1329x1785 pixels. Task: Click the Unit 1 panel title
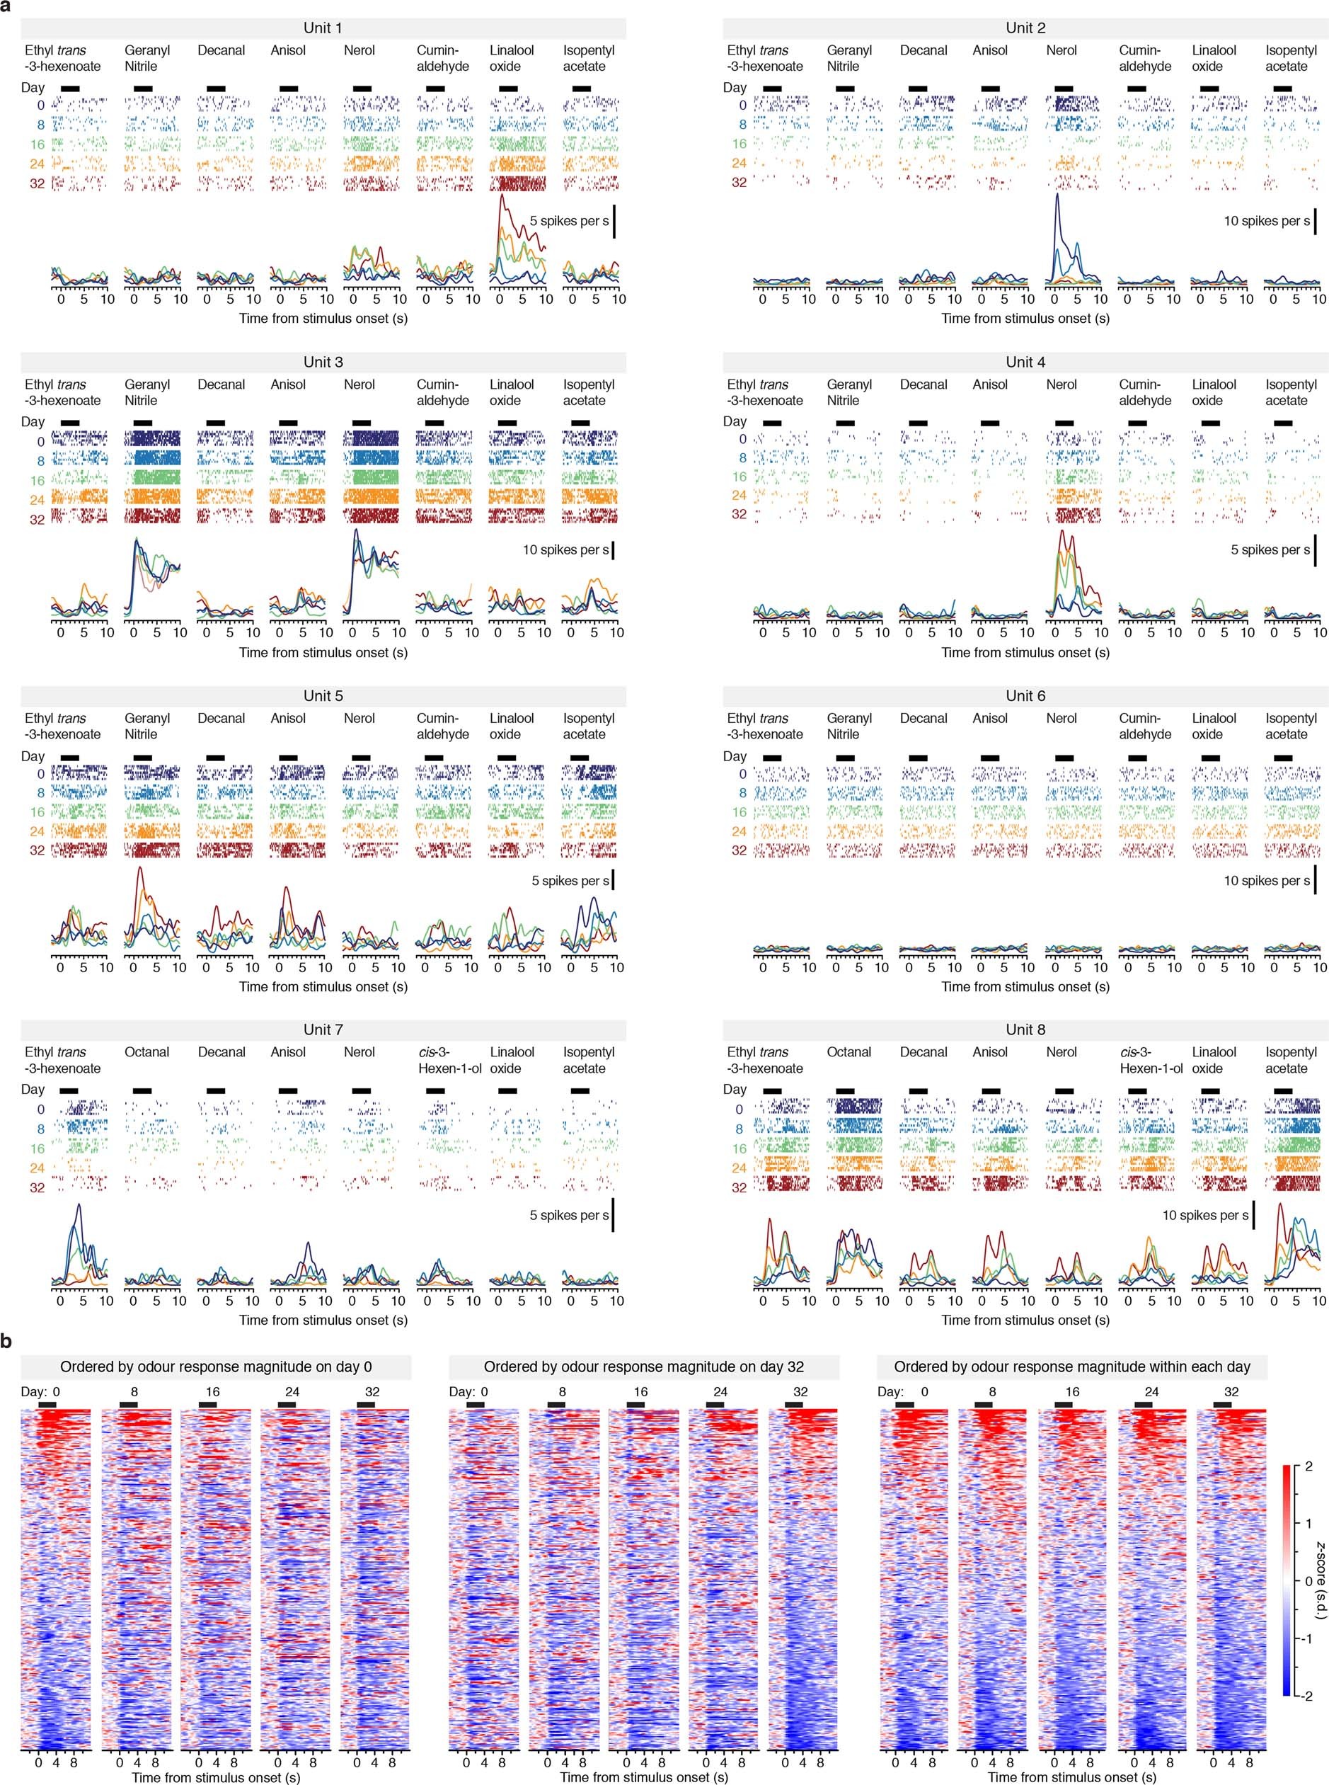click(323, 28)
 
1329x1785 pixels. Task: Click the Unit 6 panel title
click(1025, 695)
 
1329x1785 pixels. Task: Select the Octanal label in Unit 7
click(146, 1052)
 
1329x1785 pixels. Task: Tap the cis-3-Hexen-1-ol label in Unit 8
click(1151, 1060)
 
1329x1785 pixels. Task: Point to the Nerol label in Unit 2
click(1061, 50)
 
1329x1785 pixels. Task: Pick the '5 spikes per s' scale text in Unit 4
click(1270, 549)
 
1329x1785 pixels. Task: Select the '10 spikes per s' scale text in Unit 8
click(1205, 1215)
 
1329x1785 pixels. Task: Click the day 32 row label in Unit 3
click(37, 519)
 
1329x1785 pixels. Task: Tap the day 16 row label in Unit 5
click(37, 812)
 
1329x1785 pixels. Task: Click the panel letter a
click(6, 6)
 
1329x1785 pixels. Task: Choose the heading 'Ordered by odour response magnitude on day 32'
click(643, 1367)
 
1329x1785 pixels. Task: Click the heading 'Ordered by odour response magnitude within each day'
click(1071, 1367)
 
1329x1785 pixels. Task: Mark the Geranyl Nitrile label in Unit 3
click(146, 392)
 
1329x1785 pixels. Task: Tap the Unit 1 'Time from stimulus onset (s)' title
click(323, 318)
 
